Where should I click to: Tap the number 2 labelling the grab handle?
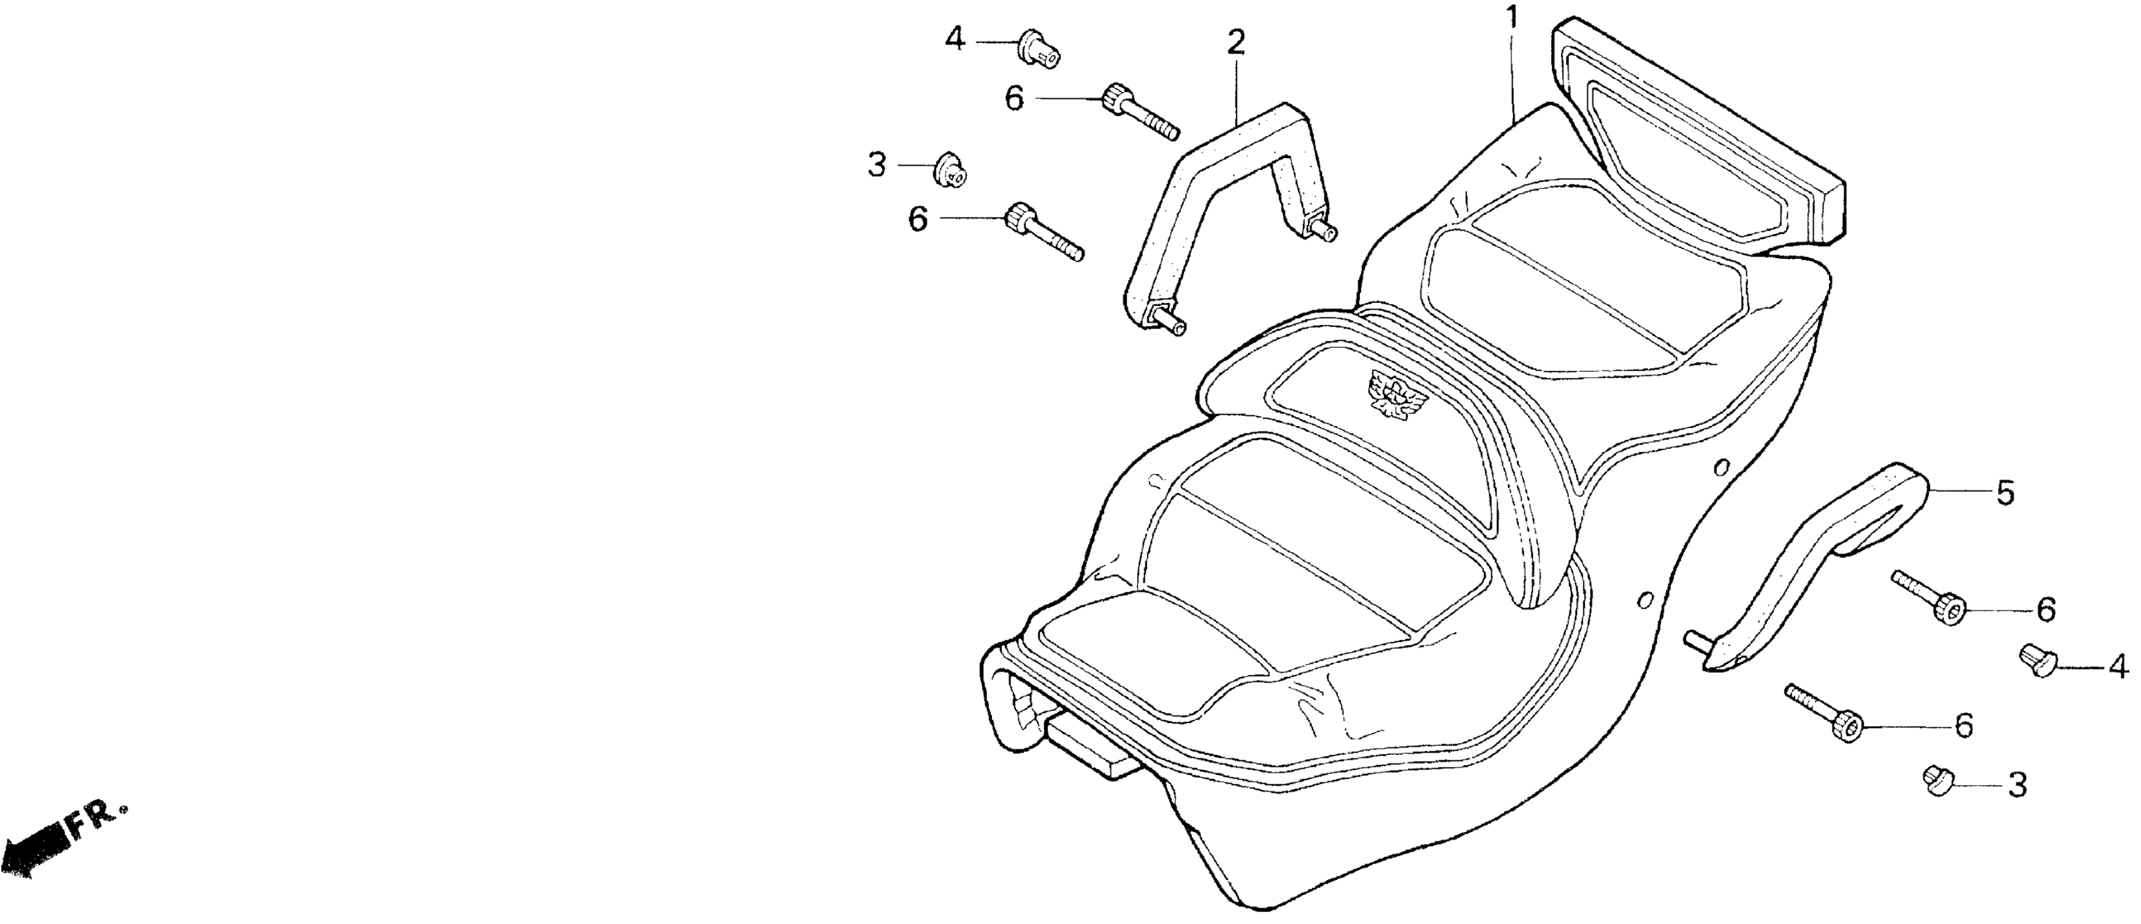click(x=1237, y=42)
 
